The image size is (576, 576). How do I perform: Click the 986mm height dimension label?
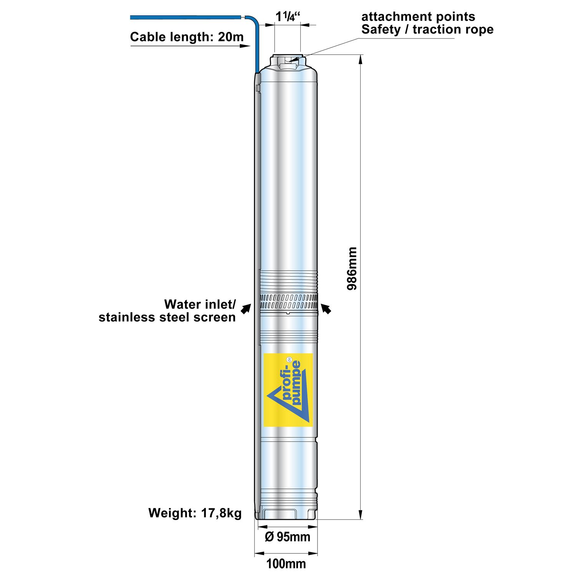coord(352,268)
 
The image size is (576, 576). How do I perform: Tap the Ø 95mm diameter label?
coord(288,536)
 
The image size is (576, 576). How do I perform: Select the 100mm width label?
coord(286,564)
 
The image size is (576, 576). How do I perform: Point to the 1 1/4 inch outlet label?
coord(288,17)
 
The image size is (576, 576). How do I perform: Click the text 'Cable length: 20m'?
coord(187,37)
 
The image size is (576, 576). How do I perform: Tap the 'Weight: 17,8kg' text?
coord(195,513)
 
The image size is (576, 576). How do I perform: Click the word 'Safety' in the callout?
coord(381,30)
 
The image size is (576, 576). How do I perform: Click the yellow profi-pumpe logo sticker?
coord(288,390)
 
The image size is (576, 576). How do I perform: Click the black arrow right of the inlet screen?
coord(326,308)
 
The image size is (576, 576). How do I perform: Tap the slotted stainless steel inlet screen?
coord(288,302)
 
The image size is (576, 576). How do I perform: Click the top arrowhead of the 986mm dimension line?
coord(360,60)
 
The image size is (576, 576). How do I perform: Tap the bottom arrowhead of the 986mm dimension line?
coord(360,514)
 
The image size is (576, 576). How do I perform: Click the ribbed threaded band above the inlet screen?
coord(288,282)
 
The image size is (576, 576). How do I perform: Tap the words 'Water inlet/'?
coord(200,305)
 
